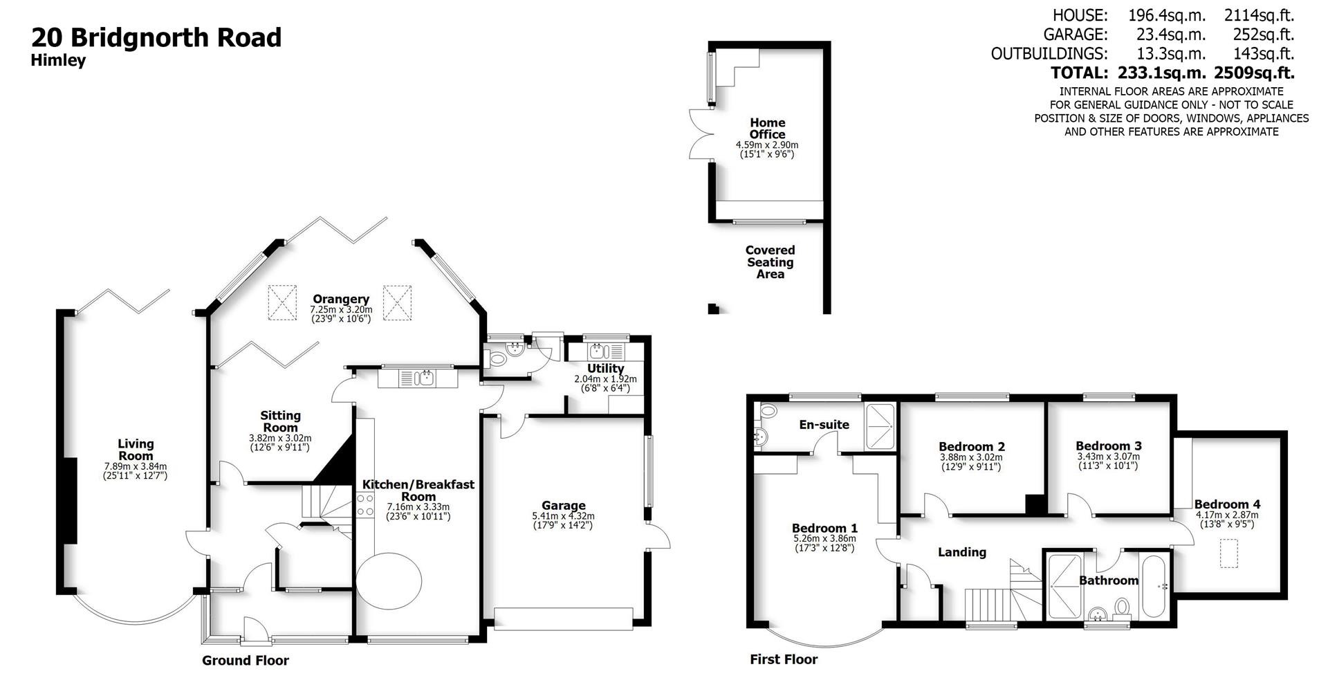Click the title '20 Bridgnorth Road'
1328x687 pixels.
[x=156, y=37]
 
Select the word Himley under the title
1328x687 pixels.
[x=58, y=61]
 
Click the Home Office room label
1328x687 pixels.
[x=767, y=129]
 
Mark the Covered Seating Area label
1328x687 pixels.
[x=770, y=262]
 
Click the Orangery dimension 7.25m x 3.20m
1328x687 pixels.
[x=341, y=309]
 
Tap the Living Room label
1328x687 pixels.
[x=136, y=450]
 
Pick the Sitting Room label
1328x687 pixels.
[x=280, y=421]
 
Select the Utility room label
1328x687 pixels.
[x=605, y=369]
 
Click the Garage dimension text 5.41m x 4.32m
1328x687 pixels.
[x=563, y=516]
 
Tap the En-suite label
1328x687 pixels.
[x=824, y=425]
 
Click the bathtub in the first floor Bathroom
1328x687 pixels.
[x=1154, y=587]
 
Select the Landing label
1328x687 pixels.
[x=961, y=552]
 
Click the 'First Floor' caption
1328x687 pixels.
[x=784, y=660]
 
